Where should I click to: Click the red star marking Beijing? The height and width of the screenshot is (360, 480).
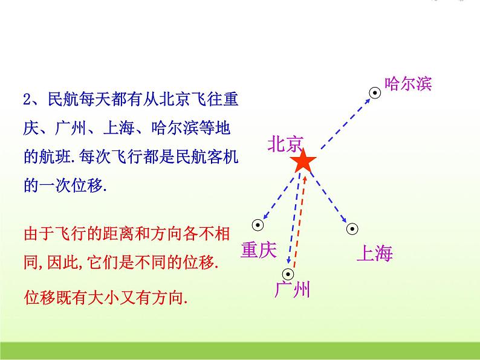[302, 162]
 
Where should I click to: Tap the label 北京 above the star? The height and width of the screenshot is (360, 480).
[285, 143]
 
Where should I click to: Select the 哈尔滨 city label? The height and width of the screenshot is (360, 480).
[408, 84]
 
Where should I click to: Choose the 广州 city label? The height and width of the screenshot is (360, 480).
[292, 291]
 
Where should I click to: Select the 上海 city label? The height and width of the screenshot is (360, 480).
[375, 253]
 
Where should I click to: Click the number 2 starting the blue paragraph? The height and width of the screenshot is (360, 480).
[26, 100]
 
